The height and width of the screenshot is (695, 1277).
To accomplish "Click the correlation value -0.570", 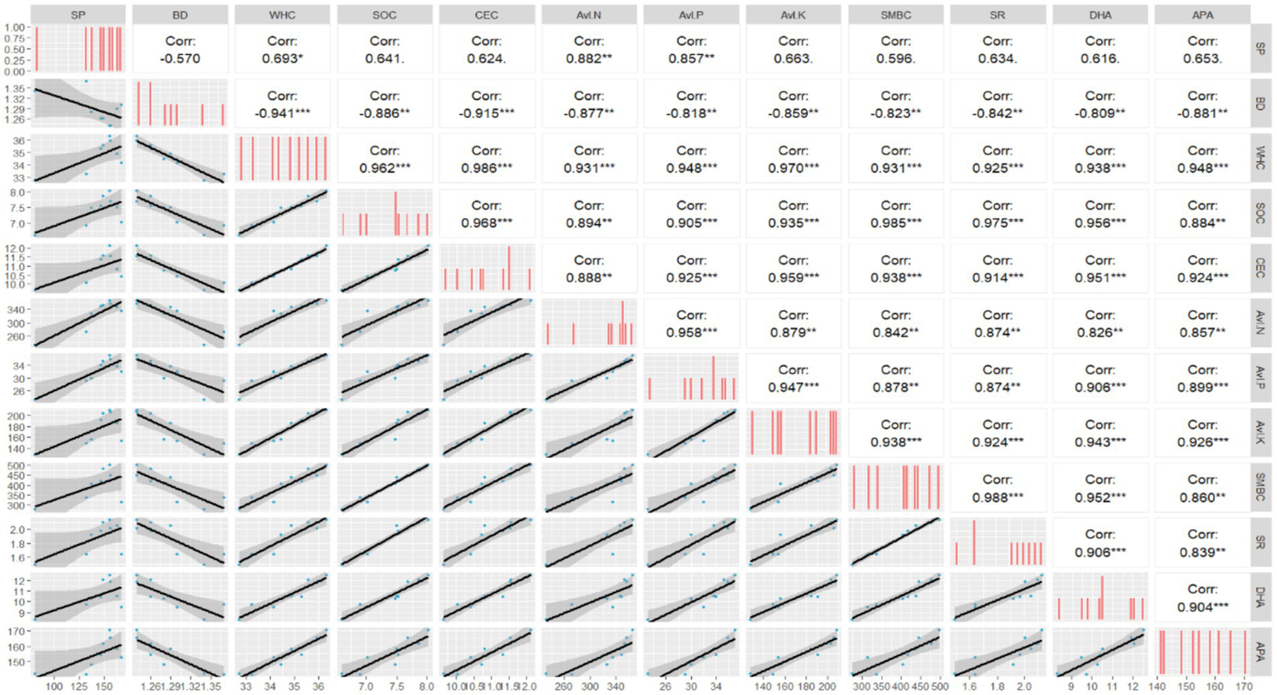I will coord(180,58).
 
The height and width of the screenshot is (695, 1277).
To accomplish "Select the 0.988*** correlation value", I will coord(997,497).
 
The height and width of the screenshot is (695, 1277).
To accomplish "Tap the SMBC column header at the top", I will coord(895,15).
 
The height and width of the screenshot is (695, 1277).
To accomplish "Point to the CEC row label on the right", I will coord(1260,268).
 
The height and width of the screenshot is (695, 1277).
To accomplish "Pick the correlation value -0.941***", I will coord(282,113).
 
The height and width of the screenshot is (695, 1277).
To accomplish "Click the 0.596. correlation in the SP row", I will coord(895,58).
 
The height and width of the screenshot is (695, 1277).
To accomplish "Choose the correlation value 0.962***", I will coord(384,168).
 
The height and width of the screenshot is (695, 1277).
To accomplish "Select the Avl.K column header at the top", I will coord(793,15).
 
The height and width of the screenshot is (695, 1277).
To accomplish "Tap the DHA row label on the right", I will coord(1260,596).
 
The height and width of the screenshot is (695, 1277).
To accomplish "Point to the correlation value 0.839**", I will coord(1202,552).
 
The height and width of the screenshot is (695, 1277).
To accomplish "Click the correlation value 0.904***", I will coord(1202,607).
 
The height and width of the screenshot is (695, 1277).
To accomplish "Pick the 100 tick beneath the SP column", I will coord(55,687).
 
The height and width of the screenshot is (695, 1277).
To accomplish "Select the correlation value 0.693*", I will coord(282,58).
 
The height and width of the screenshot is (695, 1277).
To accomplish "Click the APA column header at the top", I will coord(1202,15).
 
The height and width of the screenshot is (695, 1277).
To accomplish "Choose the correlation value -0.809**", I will coord(1100,113).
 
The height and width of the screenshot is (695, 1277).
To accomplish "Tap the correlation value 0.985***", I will coord(895,223).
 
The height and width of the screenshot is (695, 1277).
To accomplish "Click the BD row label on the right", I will coord(1260,104).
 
